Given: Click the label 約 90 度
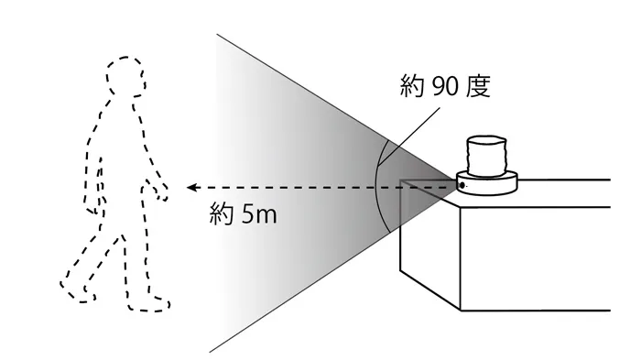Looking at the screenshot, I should coord(446,89).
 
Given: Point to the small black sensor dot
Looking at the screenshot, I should coord(462,186).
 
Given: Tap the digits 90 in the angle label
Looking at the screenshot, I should coord(446,89).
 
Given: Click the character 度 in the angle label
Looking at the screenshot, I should coord(479,89).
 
